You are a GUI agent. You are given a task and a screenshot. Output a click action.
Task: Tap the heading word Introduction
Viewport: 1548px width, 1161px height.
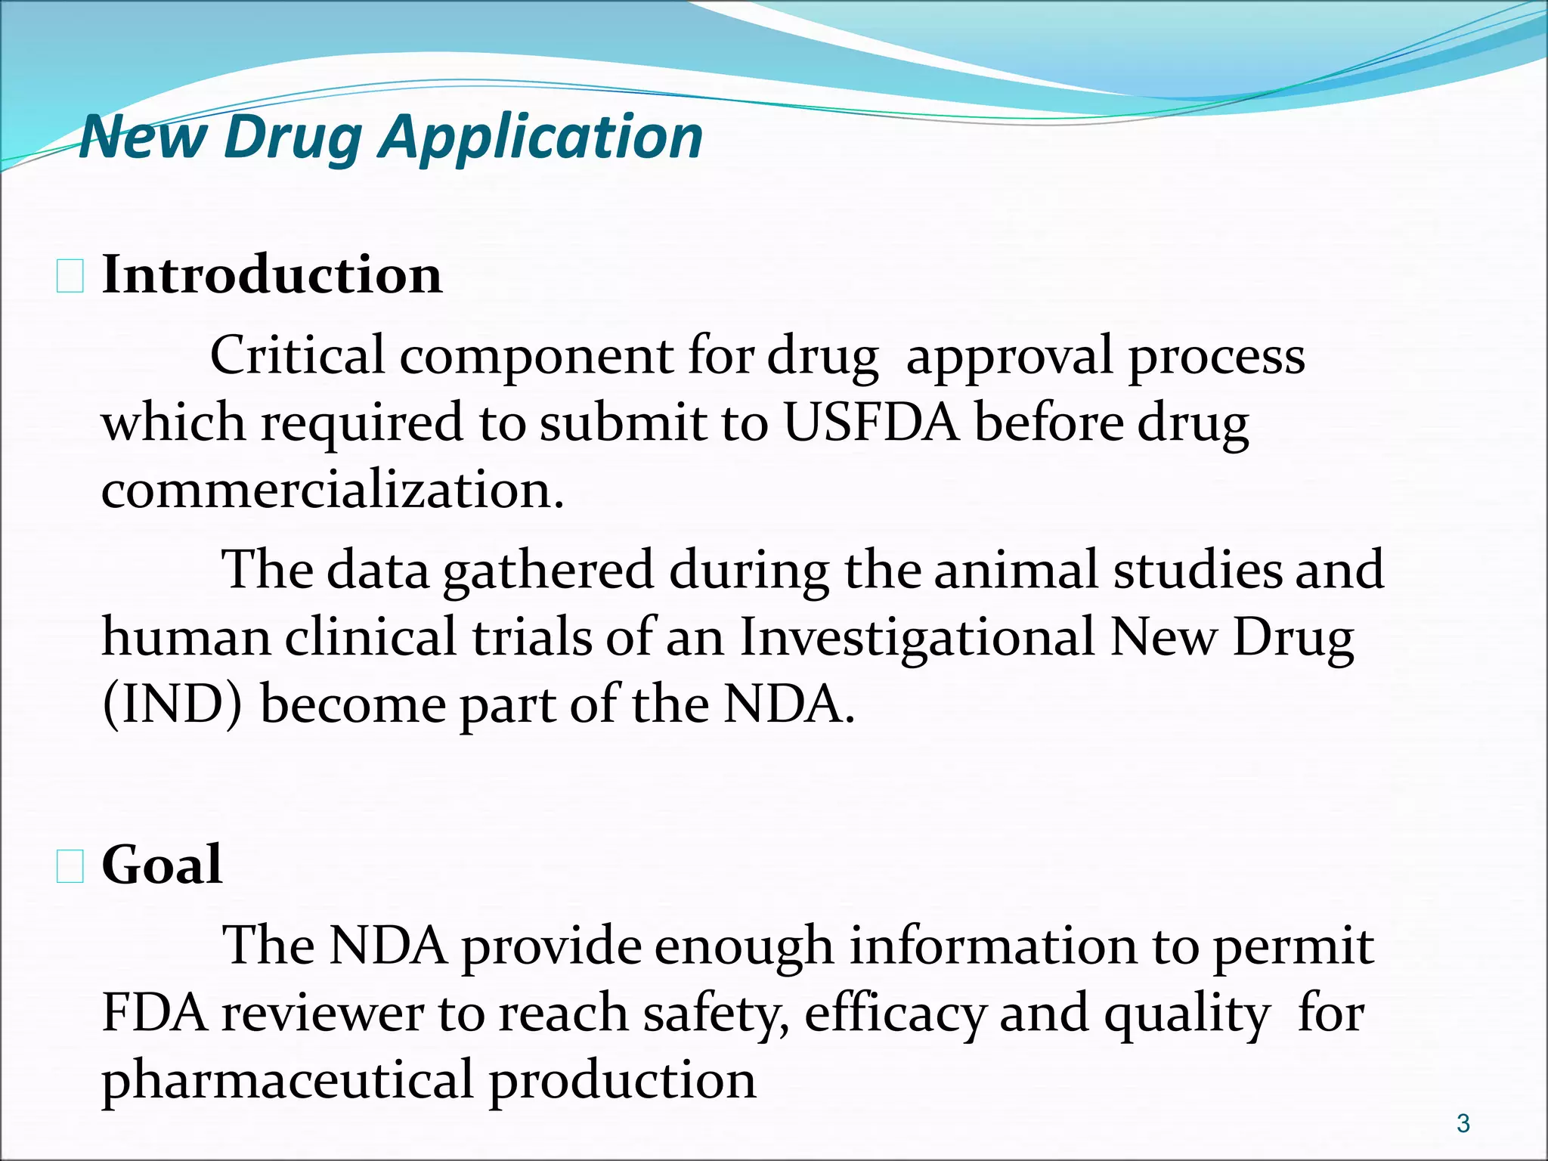271,274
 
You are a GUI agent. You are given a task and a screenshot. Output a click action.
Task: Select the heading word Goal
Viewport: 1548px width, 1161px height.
162,865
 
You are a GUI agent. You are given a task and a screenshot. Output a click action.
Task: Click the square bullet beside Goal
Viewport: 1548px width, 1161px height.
70,866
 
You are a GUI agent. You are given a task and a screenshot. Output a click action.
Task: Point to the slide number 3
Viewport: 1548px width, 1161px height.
1463,1124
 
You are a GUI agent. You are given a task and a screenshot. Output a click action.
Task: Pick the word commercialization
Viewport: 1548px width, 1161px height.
332,490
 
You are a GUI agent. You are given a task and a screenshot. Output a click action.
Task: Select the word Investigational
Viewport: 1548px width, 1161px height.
917,636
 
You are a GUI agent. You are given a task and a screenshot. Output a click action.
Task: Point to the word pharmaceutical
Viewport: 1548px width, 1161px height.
287,1079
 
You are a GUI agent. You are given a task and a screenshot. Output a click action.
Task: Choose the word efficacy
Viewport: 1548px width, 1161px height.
895,1013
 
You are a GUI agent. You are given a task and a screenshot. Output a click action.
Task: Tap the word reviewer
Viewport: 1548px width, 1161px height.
322,1013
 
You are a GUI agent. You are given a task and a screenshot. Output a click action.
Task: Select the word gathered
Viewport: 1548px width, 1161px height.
548,571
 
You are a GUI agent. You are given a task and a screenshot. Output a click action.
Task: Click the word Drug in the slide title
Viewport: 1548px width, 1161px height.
293,139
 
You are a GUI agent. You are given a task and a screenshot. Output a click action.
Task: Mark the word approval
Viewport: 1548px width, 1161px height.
1009,356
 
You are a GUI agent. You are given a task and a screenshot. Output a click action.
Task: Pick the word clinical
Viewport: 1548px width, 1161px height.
371,636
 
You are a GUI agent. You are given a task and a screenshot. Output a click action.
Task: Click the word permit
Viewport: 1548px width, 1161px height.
1293,946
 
